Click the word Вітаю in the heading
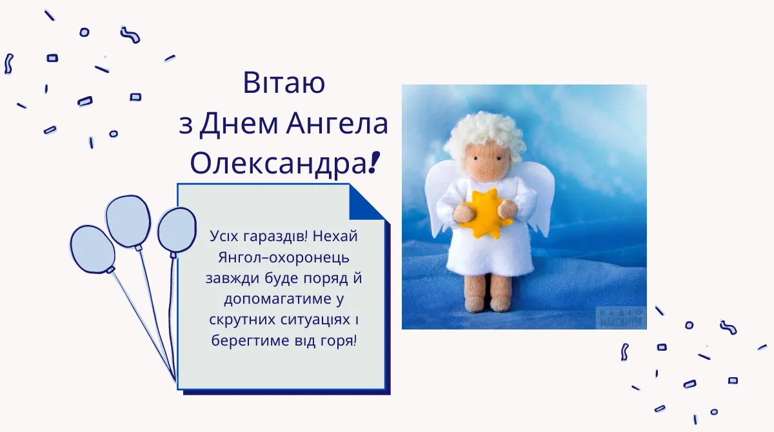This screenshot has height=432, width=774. click(283, 84)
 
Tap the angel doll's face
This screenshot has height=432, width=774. click(484, 161)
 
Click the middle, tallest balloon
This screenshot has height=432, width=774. click(128, 221)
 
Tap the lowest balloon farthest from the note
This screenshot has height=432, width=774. click(92, 249)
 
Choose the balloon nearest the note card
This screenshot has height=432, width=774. click(176, 230)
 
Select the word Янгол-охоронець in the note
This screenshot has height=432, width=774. click(284, 257)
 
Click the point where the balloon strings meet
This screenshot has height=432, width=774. click(174, 378)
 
